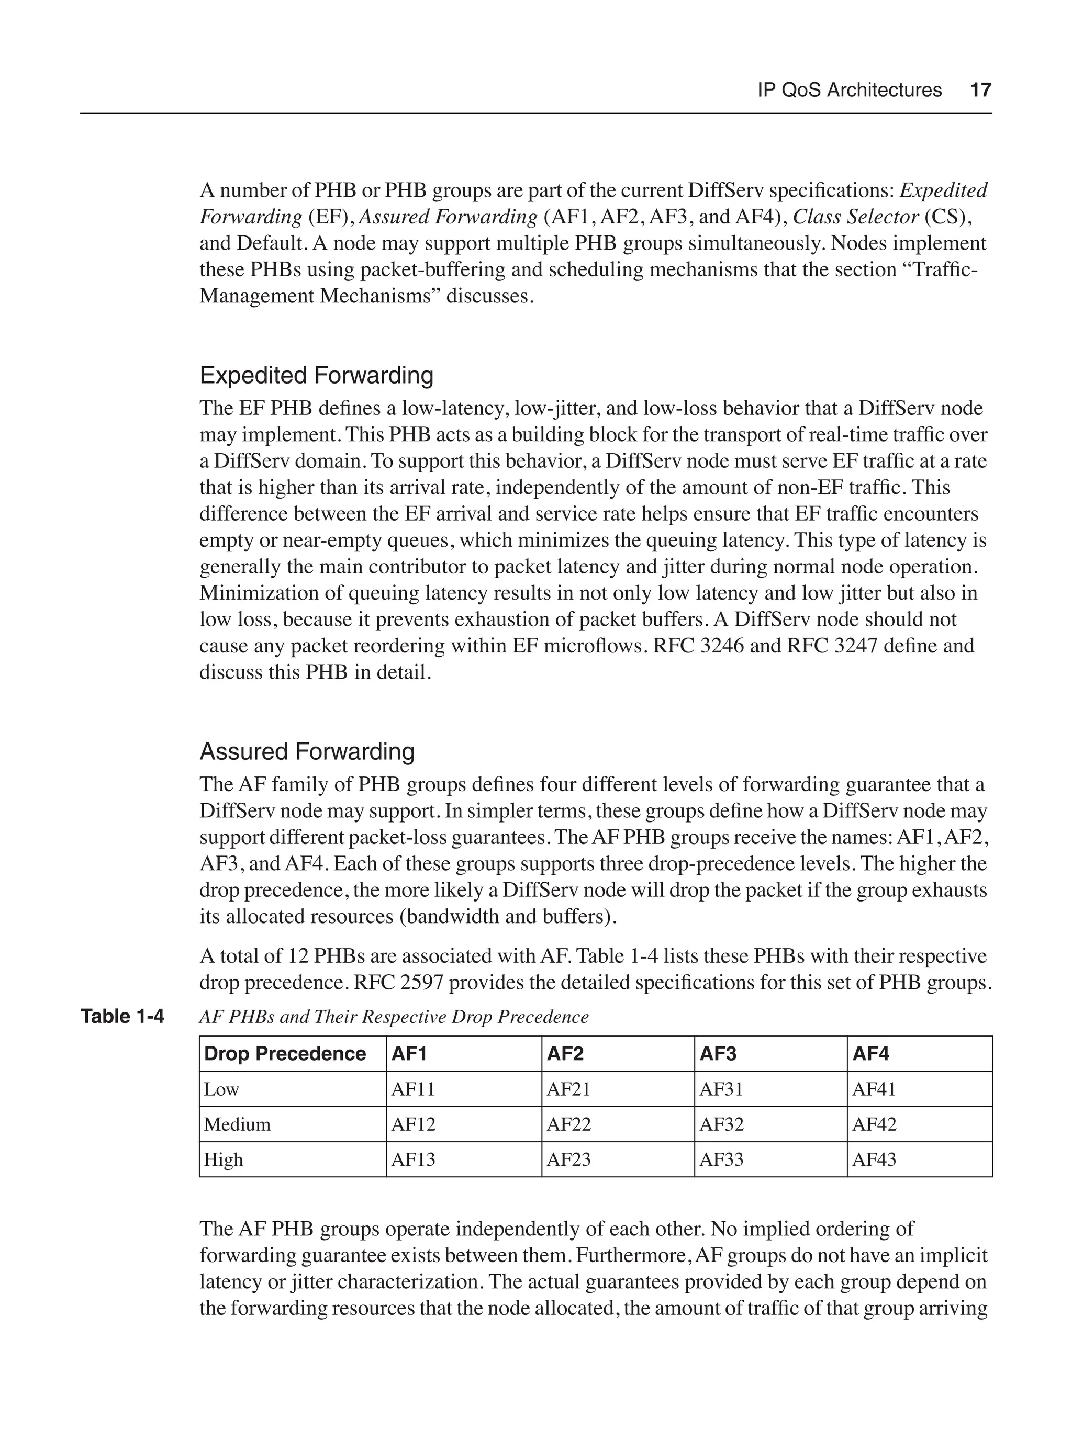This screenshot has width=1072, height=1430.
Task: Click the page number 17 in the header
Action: (980, 90)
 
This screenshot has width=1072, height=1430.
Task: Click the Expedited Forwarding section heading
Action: (316, 375)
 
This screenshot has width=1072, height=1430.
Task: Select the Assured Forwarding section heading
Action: (307, 751)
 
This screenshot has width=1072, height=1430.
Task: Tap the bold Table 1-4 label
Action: (122, 1016)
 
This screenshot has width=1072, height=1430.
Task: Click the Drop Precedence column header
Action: (284, 1054)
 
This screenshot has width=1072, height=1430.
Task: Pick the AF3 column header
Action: (718, 1054)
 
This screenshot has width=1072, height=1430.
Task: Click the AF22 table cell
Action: (568, 1124)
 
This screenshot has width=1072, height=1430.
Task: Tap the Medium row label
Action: (237, 1124)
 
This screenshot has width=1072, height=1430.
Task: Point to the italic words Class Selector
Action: (855, 217)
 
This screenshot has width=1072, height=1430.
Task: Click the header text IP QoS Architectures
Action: (849, 90)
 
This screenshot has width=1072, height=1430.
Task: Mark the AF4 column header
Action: (870, 1054)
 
